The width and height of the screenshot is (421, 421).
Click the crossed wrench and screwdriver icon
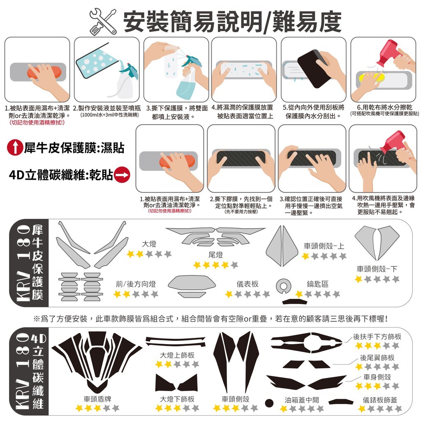coord(103,22)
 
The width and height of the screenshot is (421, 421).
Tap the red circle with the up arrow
coord(15,148)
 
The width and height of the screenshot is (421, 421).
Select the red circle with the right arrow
coord(122,175)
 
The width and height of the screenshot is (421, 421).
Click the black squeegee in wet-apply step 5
coord(314,68)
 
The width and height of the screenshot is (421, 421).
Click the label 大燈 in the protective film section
coord(149,244)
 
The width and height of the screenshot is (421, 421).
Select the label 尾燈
coord(215,254)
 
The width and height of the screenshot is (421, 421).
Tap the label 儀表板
coord(248,284)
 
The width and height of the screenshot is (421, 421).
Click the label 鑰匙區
coord(318,284)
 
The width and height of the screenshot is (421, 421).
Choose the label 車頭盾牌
coord(97,399)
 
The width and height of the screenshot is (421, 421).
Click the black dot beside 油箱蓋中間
coord(269,403)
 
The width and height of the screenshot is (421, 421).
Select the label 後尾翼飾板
coord(377,358)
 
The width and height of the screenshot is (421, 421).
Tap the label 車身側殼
coord(377,377)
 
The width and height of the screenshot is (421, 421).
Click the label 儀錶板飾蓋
coord(380,400)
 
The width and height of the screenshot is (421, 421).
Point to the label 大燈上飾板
coord(177,355)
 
